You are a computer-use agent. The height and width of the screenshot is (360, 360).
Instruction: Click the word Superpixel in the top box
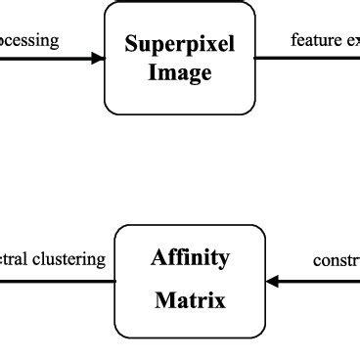pos(180,45)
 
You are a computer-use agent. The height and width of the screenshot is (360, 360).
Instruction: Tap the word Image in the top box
pos(180,73)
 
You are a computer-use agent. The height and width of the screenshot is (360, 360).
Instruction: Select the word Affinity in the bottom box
pos(190,258)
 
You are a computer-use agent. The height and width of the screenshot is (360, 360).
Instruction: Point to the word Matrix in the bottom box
pos(190,300)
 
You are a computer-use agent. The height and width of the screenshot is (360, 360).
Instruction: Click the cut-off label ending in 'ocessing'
pos(29,41)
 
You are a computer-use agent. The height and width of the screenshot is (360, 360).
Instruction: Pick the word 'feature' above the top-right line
pos(314,40)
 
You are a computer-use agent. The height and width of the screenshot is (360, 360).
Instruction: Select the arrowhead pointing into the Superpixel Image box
pos(98,58)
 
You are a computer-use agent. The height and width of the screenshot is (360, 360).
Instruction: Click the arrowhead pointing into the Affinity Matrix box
pos(273,282)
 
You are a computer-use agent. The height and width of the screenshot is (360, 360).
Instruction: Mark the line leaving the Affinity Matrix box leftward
pos(59,282)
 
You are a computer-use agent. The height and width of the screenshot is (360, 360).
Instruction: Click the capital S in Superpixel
pos(130,45)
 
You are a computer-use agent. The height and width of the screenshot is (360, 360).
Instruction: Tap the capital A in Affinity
pos(157,258)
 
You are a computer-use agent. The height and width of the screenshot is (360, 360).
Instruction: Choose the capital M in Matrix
pos(163,300)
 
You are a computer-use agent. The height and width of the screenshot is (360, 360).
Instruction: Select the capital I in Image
pos(152,73)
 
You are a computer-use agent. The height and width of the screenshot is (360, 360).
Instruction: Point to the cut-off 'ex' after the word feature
pos(350,41)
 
